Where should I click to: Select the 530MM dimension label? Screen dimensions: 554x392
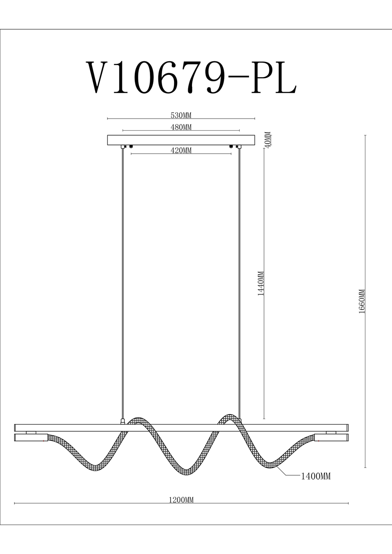[x=181, y=115]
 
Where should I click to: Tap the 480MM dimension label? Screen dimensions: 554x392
[x=181, y=127]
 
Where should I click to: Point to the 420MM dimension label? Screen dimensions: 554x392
[x=181, y=150]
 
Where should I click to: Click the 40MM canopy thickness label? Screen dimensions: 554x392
[x=268, y=139]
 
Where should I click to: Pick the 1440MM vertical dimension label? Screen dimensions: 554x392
[x=261, y=283]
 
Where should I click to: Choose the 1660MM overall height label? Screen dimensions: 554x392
[x=362, y=301]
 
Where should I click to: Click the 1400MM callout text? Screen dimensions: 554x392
[x=316, y=476]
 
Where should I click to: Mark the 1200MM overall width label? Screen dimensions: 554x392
[x=181, y=500]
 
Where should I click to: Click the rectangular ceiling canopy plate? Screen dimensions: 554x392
[x=181, y=140]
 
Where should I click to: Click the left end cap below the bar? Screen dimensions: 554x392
[x=31, y=438]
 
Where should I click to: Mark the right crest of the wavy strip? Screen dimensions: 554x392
[x=229, y=417]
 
